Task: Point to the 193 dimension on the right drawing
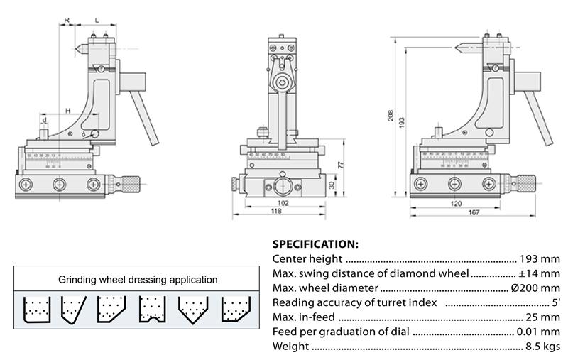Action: pos(402,121)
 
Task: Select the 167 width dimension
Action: pos(474,212)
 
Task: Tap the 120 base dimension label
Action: pos(455,203)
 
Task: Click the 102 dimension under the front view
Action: pos(282,203)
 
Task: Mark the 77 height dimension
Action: pos(339,164)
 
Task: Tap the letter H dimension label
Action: pos(67,110)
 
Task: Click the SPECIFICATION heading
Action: pos(315,244)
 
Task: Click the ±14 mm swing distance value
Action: pos(537,273)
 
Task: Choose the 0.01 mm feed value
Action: pos(539,332)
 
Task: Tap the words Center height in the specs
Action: pos(307,259)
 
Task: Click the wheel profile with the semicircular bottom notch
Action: pos(152,310)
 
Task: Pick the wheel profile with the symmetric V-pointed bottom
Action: pos(192,310)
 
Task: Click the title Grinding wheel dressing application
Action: pos(138,280)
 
